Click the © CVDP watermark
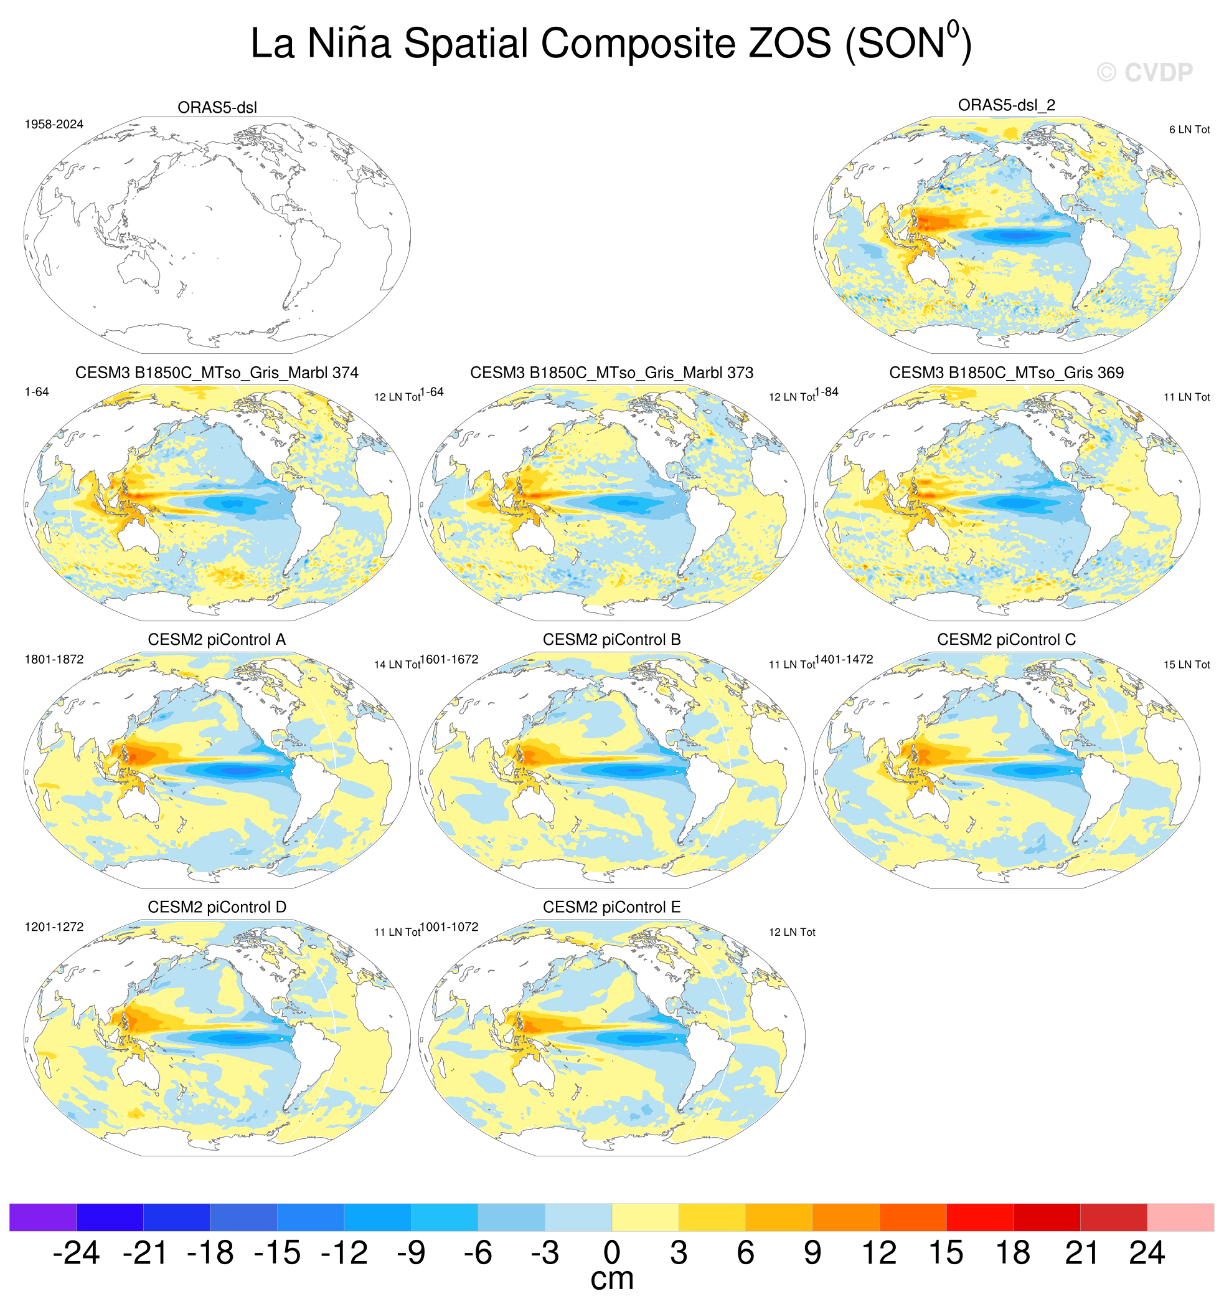1144,72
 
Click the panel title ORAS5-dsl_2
1006,105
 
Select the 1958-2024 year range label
54,125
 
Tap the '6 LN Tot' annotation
1189,130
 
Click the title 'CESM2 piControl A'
217,640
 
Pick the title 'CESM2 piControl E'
611,907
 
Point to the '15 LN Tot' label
1187,665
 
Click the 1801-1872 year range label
54,660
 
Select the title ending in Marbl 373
611,373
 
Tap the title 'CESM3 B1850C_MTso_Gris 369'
1006,373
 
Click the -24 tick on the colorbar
76,1253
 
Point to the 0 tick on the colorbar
612,1253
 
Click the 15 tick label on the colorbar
946,1253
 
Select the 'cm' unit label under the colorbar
612,1279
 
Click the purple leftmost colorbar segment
43,1217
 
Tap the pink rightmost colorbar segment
1180,1217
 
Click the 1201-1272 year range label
54,927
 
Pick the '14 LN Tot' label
397,665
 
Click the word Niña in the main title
349,44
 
